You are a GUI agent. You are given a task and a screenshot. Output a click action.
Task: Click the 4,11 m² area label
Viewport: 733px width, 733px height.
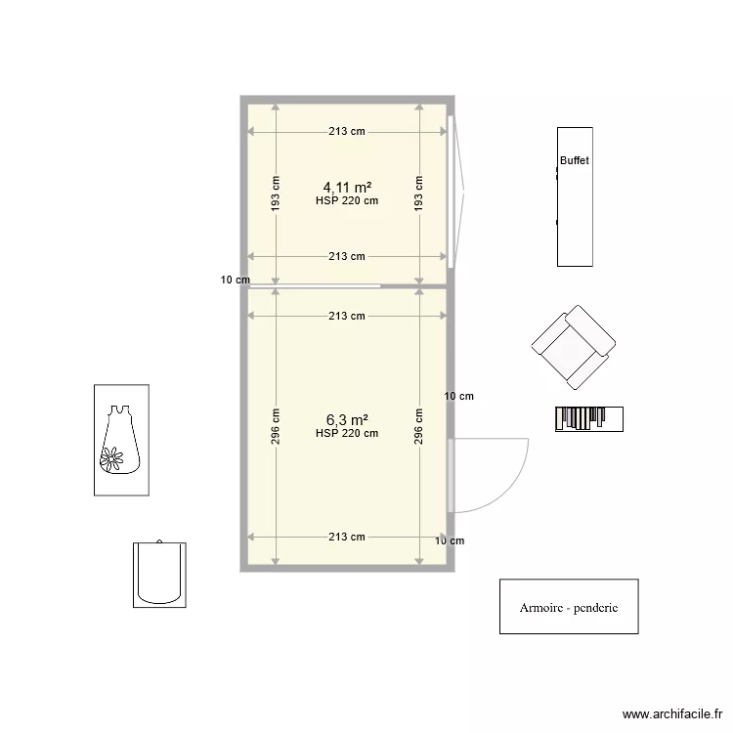(347, 187)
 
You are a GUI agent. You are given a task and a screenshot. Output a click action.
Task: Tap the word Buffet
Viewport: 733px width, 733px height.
(575, 160)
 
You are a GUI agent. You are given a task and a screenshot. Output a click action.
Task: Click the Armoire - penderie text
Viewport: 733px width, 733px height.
(569, 607)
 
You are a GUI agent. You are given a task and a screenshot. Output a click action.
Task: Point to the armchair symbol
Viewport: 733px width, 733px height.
(574, 345)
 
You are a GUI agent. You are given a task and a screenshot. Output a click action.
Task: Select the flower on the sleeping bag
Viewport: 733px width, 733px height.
(113, 458)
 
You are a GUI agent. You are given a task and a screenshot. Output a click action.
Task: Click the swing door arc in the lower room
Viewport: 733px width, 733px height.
(508, 489)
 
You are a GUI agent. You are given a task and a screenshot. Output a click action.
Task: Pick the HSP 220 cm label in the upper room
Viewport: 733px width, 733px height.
(347, 201)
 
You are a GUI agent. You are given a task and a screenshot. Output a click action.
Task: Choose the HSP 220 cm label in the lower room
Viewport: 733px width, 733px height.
(347, 434)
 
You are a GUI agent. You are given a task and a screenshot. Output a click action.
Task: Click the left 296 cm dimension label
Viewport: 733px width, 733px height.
(276, 426)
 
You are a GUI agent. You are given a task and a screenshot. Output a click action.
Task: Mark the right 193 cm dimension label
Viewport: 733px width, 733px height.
(418, 194)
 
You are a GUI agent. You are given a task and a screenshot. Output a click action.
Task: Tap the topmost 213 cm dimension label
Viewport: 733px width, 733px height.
(347, 131)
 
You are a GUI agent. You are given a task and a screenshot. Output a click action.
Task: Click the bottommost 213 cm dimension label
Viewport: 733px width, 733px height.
(347, 537)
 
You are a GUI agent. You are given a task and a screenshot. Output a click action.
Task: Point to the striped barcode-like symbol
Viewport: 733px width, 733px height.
(589, 418)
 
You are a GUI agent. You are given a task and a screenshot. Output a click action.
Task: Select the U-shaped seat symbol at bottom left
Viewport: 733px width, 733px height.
(159, 574)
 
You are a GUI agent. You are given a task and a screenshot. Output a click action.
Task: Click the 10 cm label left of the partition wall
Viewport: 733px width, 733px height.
(234, 280)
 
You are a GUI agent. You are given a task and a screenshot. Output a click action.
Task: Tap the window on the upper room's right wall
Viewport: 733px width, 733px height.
(451, 192)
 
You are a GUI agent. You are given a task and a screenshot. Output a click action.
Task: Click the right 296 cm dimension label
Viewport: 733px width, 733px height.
(418, 426)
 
